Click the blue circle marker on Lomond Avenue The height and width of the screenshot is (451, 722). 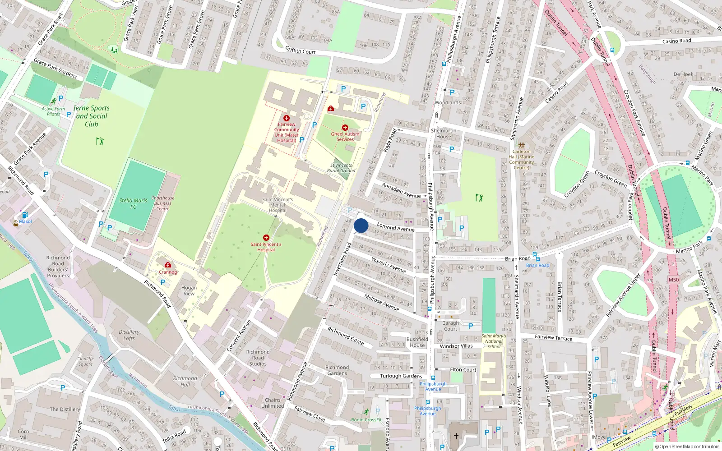[361, 225]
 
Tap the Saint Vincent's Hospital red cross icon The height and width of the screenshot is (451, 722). [266, 238]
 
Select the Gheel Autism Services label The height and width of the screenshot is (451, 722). [345, 136]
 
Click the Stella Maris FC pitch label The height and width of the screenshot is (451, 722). [133, 203]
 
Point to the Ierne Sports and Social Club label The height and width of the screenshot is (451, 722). [92, 116]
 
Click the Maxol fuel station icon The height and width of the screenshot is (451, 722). [25, 215]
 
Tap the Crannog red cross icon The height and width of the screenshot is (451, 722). [168, 265]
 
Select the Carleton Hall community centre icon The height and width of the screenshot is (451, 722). [522, 145]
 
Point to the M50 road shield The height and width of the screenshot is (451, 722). [674, 280]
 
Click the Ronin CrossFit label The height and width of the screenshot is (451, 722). [366, 419]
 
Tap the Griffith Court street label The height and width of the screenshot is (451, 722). [301, 51]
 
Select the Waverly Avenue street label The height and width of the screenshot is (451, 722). [389, 265]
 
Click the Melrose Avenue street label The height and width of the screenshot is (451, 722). [382, 302]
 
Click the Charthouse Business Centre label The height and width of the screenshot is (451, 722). [162, 203]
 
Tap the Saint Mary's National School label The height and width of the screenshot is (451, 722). [494, 341]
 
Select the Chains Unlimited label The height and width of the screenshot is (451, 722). [273, 403]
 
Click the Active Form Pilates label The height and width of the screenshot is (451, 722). [53, 111]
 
